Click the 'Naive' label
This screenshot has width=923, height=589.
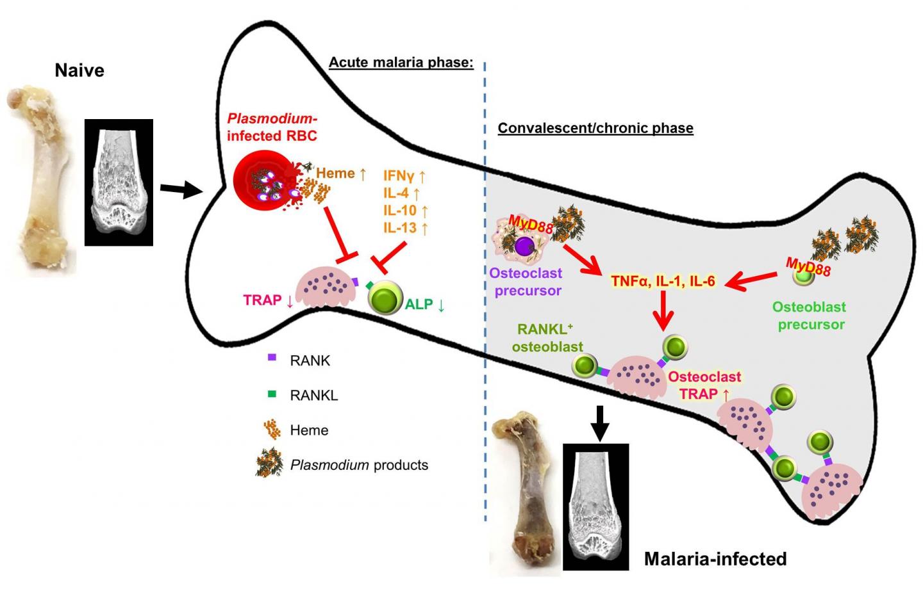[79, 70]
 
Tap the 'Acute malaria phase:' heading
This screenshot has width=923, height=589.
[401, 63]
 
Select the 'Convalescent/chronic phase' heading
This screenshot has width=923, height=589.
[595, 128]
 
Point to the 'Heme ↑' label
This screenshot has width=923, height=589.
[341, 173]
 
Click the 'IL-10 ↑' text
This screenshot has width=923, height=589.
[405, 210]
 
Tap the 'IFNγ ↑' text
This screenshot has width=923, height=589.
[404, 175]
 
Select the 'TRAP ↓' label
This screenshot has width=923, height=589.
[268, 300]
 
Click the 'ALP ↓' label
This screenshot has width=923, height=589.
[424, 304]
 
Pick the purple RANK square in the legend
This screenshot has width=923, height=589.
[272, 358]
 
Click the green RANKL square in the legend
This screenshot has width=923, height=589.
[272, 394]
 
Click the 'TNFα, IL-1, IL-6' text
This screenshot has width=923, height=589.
[663, 280]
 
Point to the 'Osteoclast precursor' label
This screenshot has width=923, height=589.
[526, 282]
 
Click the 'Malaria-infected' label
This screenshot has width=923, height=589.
[715, 559]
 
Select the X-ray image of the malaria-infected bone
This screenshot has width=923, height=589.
[595, 507]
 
